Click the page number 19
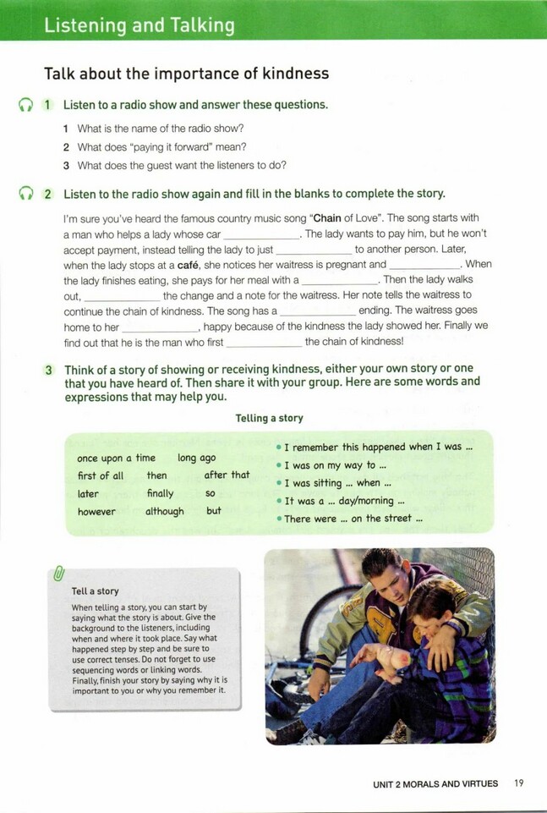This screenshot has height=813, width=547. click(x=519, y=783)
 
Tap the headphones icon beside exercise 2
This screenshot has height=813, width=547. click(x=25, y=194)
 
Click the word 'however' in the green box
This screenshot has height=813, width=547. click(x=96, y=512)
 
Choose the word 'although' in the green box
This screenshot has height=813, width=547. click(x=164, y=512)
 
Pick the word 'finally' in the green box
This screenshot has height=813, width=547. click(x=160, y=493)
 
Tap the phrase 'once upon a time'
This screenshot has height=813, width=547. click(x=116, y=458)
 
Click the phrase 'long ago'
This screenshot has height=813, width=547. click(x=197, y=458)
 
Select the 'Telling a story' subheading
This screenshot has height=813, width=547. click(x=269, y=418)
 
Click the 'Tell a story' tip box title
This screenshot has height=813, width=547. click(x=95, y=591)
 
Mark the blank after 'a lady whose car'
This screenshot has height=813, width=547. click(x=260, y=234)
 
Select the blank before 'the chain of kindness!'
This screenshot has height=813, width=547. click(x=264, y=343)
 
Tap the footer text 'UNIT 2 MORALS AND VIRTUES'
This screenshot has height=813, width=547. click(x=435, y=784)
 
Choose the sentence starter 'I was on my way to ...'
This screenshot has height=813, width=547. click(x=335, y=465)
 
